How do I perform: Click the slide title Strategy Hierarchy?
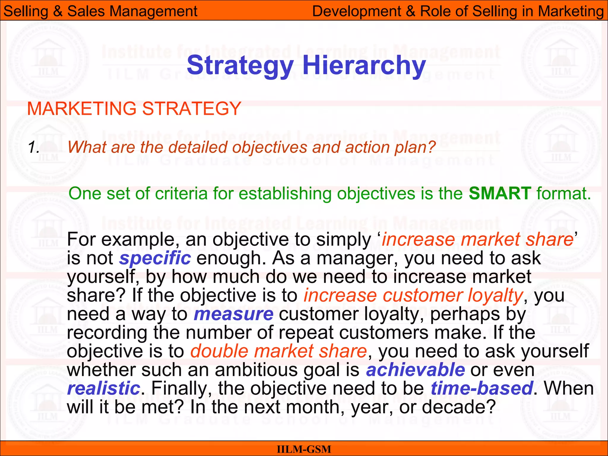pyautogui.click(x=306, y=66)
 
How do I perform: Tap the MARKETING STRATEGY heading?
pyautogui.click(x=134, y=109)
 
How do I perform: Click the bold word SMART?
pyautogui.click(x=500, y=194)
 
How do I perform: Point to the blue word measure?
pyautogui.click(x=233, y=314)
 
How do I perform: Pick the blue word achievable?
pyautogui.click(x=415, y=370)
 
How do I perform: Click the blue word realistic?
pyautogui.click(x=103, y=389)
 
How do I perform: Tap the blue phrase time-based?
pyautogui.click(x=482, y=389)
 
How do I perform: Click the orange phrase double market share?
pyautogui.click(x=278, y=351)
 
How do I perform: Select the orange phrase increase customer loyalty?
pyautogui.click(x=413, y=296)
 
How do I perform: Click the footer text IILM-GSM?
pyautogui.click(x=304, y=449)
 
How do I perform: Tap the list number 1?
pyautogui.click(x=34, y=148)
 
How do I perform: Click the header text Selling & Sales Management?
pyautogui.click(x=100, y=11)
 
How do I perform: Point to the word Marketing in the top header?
pyautogui.click(x=571, y=11)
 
